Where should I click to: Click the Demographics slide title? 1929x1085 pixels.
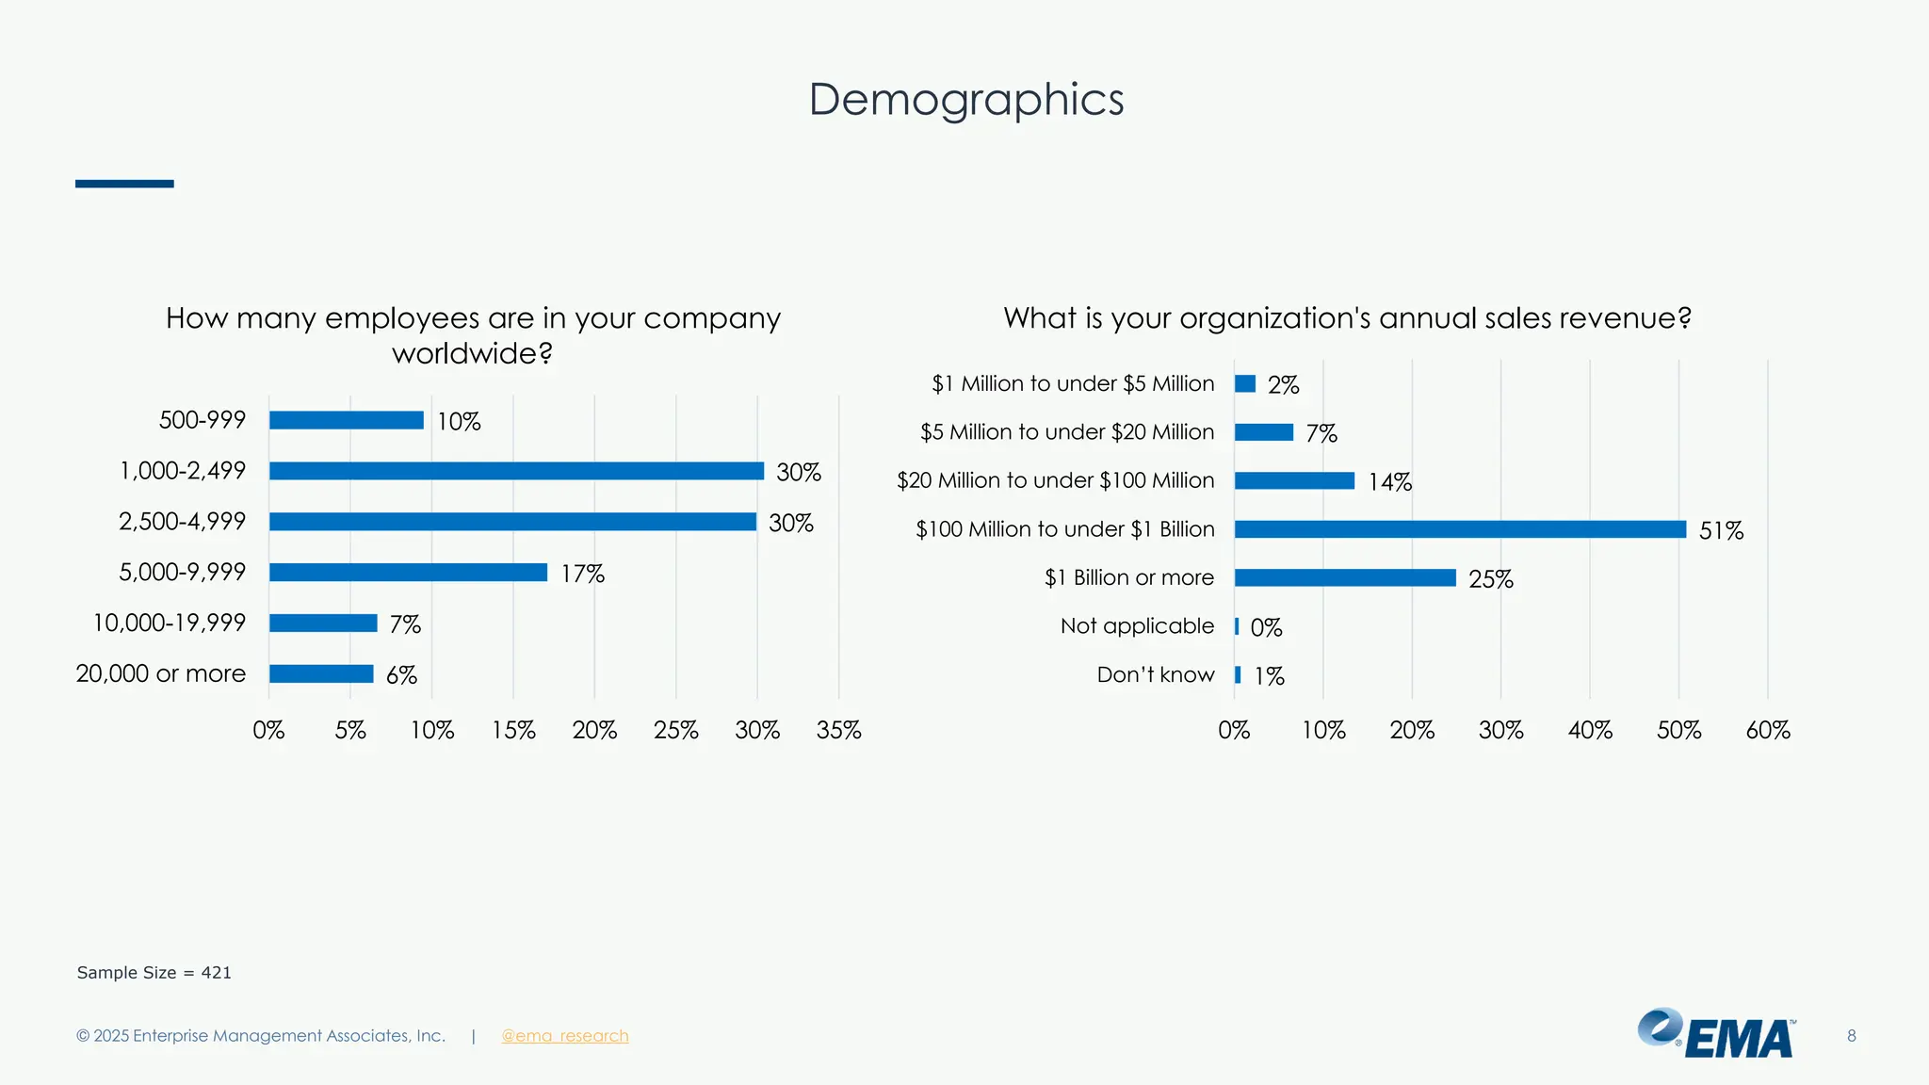(965, 100)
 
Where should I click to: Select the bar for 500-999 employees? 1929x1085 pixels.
(346, 420)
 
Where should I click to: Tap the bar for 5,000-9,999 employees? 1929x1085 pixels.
(408, 573)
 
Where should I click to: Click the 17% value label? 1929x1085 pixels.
(582, 574)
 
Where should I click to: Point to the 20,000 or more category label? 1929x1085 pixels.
(160, 673)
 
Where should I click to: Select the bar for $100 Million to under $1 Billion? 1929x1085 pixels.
(1460, 529)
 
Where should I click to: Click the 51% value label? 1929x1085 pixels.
(1720, 530)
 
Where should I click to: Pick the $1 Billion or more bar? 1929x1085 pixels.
(1345, 577)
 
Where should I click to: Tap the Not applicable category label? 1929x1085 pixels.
(1137, 626)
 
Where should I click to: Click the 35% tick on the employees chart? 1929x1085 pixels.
(838, 730)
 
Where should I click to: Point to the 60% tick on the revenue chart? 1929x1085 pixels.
(1767, 730)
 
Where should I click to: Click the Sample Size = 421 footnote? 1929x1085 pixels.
(154, 973)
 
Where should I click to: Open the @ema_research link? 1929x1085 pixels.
(564, 1036)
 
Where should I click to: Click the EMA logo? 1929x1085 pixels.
(1716, 1033)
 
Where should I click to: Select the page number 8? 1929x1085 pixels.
(1851, 1036)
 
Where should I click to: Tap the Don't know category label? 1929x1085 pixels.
(1155, 674)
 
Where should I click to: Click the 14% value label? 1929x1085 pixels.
(1389, 482)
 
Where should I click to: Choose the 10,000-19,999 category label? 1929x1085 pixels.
(169, 623)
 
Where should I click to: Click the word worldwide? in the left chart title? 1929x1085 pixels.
(472, 354)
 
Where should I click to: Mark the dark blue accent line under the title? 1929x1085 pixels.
(124, 184)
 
